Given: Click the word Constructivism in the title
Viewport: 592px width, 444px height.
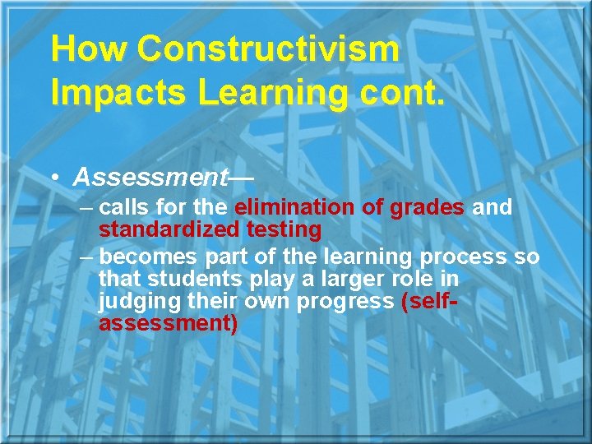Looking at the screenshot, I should click(x=268, y=50).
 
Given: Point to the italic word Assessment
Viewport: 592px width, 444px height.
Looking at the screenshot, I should click(x=150, y=177).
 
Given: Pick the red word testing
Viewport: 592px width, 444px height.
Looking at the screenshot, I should click(x=284, y=229).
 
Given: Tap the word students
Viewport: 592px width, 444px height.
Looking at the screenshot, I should click(x=190, y=280).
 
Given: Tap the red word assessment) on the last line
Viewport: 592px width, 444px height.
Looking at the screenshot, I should click(x=169, y=323).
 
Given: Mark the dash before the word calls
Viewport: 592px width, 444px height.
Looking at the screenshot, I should click(x=88, y=207).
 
